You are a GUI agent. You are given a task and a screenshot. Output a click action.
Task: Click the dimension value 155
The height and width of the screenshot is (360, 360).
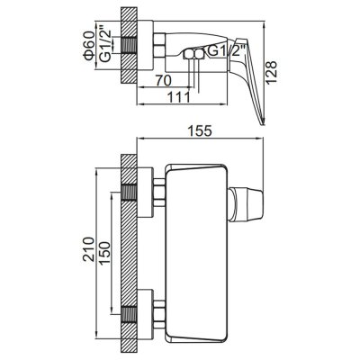(x=200, y=130)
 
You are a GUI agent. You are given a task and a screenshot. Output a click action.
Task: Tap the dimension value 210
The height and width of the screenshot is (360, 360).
(x=89, y=249)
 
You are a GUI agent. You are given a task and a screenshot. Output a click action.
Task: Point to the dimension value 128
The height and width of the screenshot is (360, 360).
(x=271, y=73)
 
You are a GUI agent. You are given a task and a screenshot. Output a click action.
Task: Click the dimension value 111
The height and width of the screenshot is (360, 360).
(x=179, y=97)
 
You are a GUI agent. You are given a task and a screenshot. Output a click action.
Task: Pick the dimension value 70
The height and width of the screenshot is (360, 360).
(x=164, y=81)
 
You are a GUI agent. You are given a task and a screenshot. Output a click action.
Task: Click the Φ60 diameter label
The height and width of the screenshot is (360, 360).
(x=90, y=46)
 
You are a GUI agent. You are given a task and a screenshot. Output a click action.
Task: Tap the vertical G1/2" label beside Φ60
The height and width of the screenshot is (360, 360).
(x=106, y=46)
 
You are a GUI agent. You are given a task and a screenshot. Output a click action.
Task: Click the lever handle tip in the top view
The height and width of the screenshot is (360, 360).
(x=263, y=123)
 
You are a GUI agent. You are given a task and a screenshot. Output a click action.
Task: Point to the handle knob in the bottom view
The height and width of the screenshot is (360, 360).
(x=246, y=205)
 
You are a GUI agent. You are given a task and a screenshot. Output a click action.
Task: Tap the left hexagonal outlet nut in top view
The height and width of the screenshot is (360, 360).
(x=189, y=54)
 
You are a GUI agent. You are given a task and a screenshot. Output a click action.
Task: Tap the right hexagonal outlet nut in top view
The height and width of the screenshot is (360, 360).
(x=199, y=54)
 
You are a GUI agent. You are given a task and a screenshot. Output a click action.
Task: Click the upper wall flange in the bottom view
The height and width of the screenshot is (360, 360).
(x=145, y=193)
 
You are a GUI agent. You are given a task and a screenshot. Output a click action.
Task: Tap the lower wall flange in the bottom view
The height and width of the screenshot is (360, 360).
(x=145, y=314)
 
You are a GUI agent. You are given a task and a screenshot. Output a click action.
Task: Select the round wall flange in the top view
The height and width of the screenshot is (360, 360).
(x=145, y=45)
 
